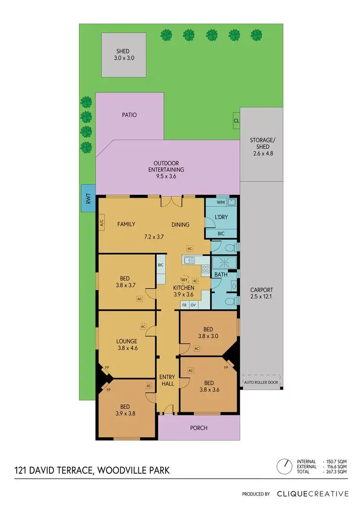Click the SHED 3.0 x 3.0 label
click(x=123, y=55)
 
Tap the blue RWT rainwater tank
click(x=88, y=201)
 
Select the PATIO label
click(x=130, y=115)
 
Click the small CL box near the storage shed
click(x=236, y=120)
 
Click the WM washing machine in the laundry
click(x=215, y=203)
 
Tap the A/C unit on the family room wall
click(x=102, y=223)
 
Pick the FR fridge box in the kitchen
click(x=184, y=305)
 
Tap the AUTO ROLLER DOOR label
click(x=262, y=382)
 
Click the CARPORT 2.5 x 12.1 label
click(x=262, y=294)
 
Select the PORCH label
click(x=199, y=428)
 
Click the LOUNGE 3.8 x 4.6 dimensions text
click(x=127, y=349)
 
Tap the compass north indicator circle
click(x=284, y=465)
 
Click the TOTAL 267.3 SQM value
click(x=336, y=473)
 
